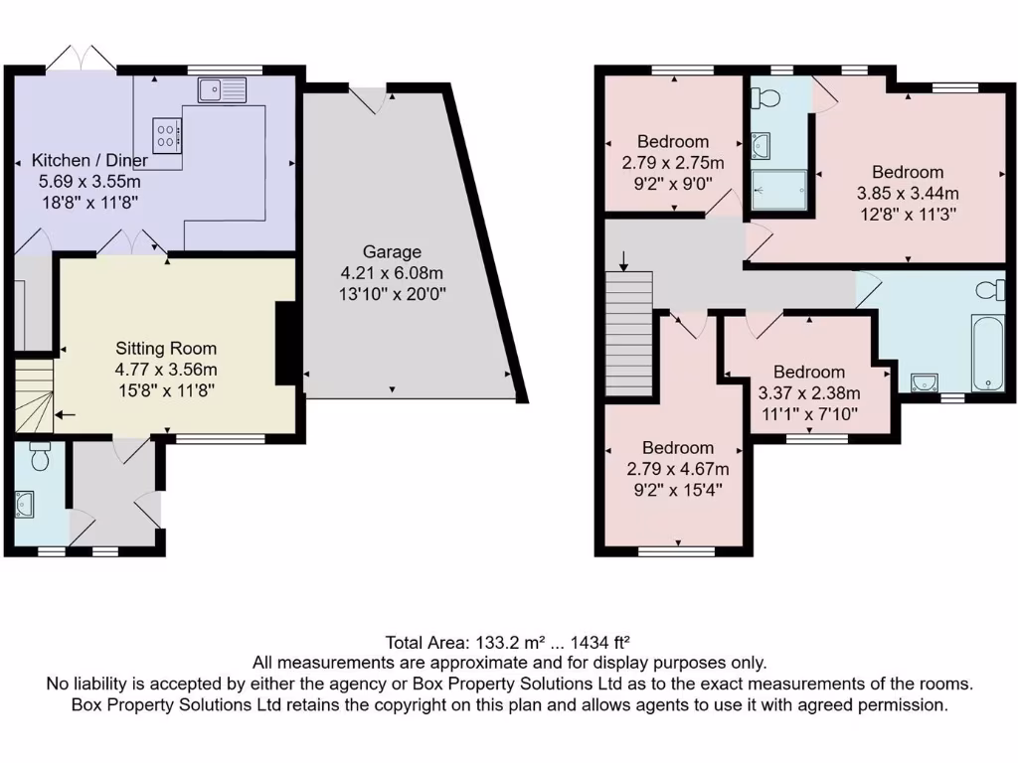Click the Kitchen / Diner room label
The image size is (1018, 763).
click(x=89, y=160)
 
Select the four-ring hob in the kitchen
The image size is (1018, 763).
click(x=167, y=134)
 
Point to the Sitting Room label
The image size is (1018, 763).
click(x=166, y=349)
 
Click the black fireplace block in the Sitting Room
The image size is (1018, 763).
click(x=285, y=343)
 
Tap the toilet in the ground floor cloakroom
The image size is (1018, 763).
click(x=41, y=458)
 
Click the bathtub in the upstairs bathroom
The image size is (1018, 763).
click(x=988, y=353)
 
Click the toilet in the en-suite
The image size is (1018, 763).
click(x=766, y=97)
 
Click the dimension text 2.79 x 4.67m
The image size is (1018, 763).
click(x=677, y=469)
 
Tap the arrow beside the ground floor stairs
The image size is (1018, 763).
click(x=66, y=415)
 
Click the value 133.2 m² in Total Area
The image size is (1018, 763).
click(x=501, y=642)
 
